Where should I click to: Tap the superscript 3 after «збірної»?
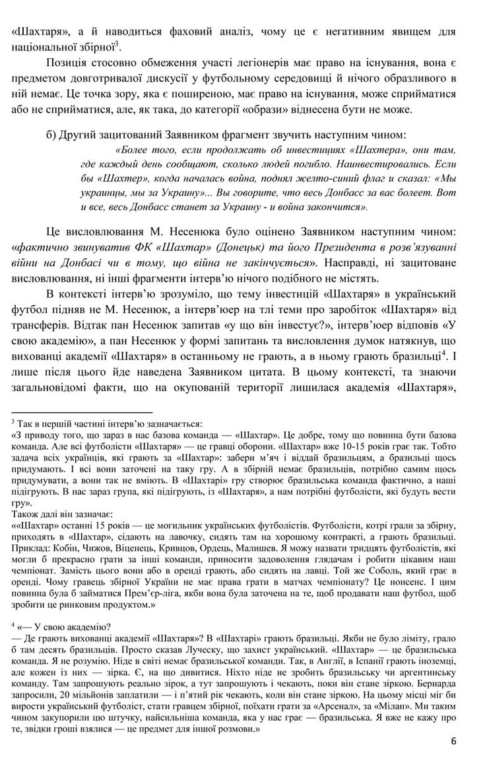(x=117, y=44)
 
